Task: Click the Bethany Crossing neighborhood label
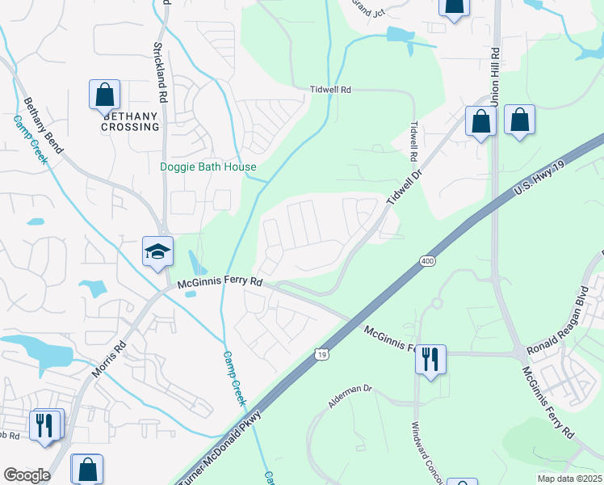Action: (x=130, y=121)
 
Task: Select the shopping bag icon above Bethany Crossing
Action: (x=105, y=95)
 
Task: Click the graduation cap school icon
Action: (x=157, y=251)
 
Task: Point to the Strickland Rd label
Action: (x=159, y=72)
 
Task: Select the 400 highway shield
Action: (x=428, y=261)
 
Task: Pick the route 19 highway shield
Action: (x=322, y=354)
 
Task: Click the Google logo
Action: (x=27, y=475)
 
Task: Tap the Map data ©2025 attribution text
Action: (x=569, y=479)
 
